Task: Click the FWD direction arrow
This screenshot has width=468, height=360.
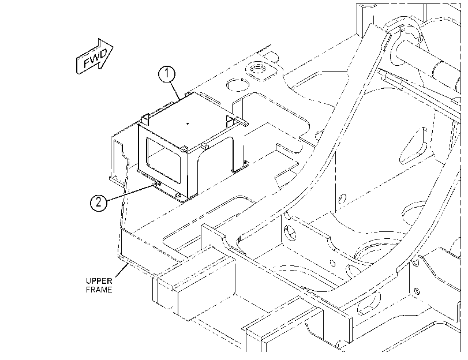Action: pos(95,56)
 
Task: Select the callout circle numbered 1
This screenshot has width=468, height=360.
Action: pos(167,73)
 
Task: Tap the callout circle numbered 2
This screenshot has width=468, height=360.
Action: pos(99,202)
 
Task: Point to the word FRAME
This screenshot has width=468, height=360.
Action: pos(99,290)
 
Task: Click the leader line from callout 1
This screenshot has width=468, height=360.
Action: pos(175,91)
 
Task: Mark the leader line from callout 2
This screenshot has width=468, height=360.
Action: pos(132,192)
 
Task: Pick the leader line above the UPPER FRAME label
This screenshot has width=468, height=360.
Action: pos(122,270)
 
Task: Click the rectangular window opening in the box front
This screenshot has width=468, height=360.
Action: pos(163,160)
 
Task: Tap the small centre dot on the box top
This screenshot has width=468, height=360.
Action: pos(188,123)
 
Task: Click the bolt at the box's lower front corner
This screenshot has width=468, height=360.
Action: pos(178,195)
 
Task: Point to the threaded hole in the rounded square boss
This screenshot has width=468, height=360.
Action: pos(257,68)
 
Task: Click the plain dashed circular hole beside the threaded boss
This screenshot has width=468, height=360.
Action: pos(238,84)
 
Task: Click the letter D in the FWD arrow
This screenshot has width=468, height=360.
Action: pos(103,54)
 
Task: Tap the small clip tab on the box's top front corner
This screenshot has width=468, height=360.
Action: pos(185,148)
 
